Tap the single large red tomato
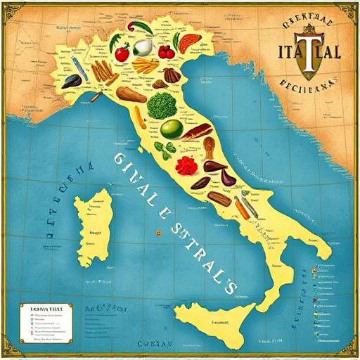[122, 53]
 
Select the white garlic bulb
[143, 47]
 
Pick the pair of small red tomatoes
[167, 51]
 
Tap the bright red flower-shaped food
[186, 166]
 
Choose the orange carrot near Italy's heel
[241, 207]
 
